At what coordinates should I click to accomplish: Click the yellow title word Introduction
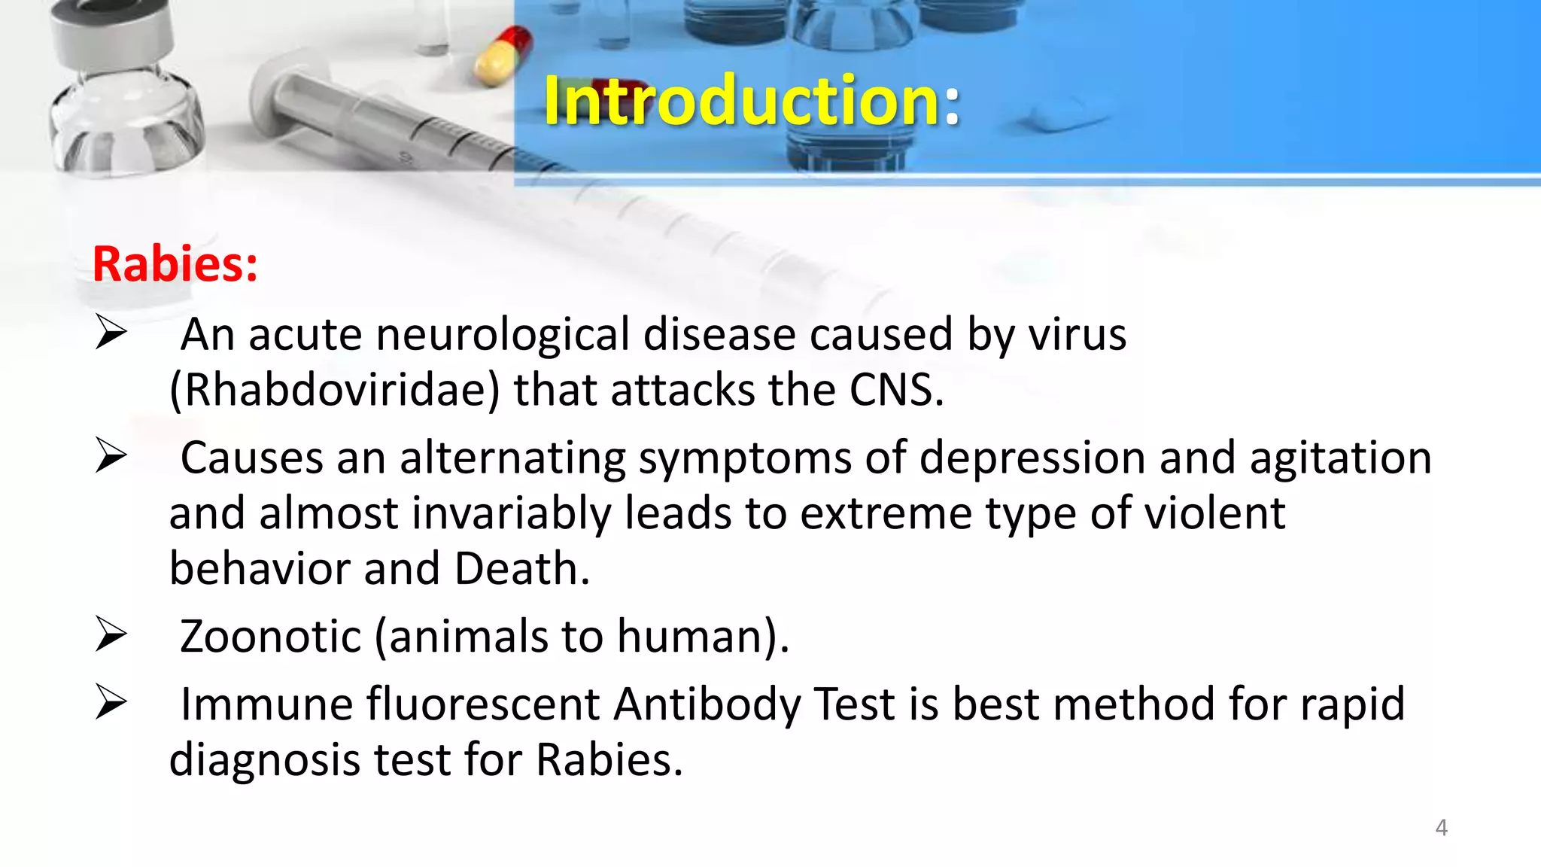741,101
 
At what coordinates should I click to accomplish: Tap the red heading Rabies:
175,264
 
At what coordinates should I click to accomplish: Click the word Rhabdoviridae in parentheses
335,391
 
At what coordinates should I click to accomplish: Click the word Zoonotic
271,637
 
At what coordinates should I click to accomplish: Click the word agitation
1340,458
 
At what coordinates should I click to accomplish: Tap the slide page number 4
1441,828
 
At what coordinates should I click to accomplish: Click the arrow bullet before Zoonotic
111,634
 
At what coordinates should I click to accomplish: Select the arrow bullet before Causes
111,455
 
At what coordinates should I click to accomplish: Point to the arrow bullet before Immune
111,702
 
